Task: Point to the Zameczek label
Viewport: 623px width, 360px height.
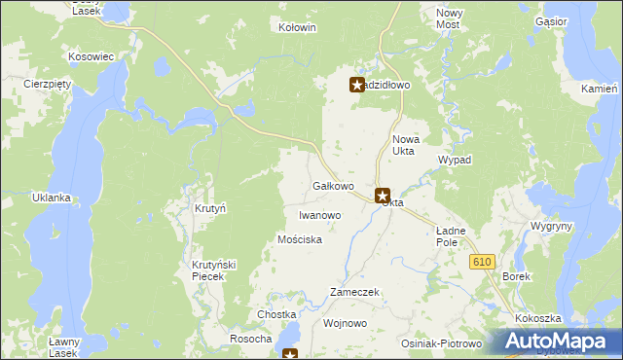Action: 354,292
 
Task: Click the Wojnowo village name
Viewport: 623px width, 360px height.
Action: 344,322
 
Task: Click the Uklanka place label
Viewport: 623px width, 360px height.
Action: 51,198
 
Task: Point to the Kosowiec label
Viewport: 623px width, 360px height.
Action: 92,56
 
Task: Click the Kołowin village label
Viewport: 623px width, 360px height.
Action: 297,27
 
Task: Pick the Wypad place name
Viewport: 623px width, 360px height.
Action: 455,159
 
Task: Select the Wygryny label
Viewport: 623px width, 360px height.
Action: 551,226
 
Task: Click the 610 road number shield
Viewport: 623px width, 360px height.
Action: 482,262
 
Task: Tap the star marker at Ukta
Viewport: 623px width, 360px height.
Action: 383,196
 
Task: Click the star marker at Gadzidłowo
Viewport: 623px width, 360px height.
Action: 357,85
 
